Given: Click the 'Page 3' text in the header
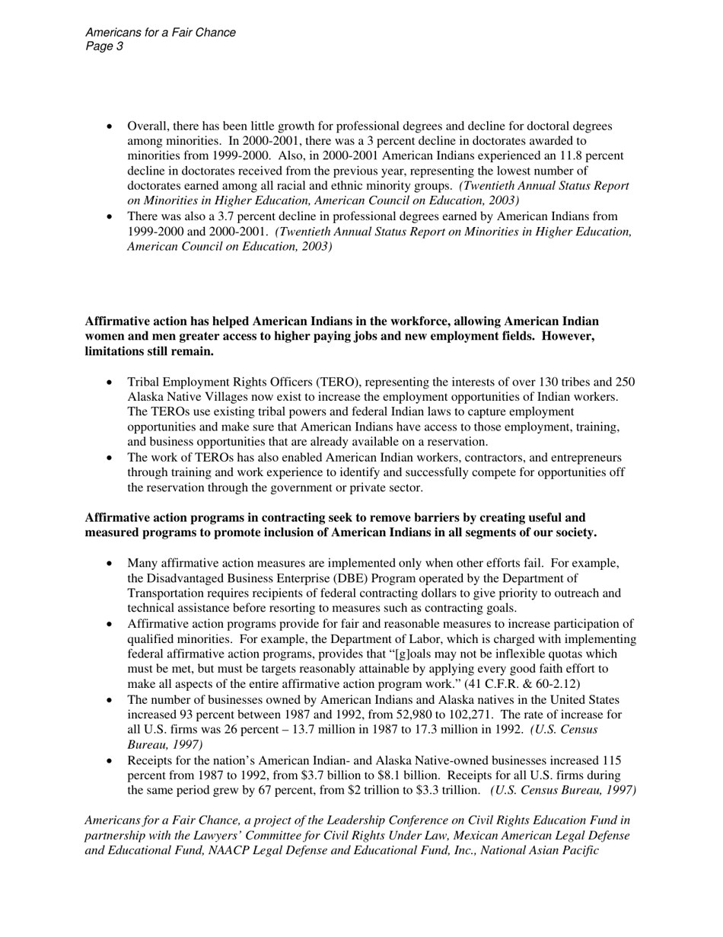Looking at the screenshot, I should click(104, 46).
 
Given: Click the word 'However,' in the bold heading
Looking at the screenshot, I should click(570, 336).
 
